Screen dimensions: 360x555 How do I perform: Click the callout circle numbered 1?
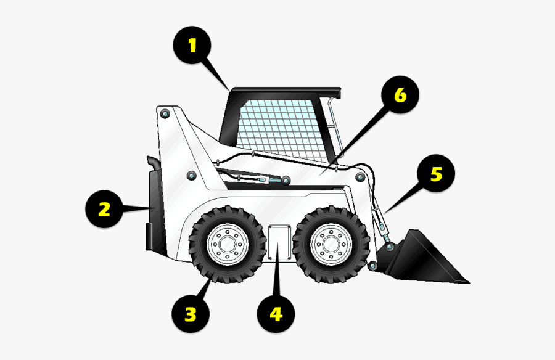pos(192,46)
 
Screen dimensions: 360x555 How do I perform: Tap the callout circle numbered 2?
pos(104,209)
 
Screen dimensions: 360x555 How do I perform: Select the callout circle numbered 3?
pos(191,315)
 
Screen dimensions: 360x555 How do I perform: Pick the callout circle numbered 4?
pos(276,315)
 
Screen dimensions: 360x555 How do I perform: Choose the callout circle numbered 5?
pos(436,174)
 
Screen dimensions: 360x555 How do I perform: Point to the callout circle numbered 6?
pos(400,96)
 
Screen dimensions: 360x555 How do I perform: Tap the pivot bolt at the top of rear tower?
pos(165,114)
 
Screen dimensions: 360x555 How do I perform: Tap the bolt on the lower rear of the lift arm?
pos(191,176)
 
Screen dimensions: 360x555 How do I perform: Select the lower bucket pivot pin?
pos(372,266)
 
